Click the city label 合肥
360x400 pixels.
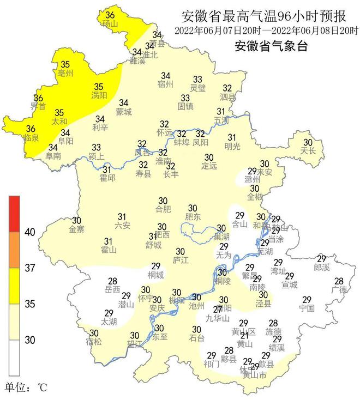coord(163,209)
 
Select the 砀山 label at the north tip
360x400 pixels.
coord(110,24)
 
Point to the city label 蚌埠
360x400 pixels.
coord(182,142)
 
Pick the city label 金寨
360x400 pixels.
coord(77,229)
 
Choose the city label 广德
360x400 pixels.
coord(339,289)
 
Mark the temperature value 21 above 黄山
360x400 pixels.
coord(244,336)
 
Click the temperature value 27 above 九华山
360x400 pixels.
coord(218,310)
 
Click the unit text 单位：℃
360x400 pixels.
coord(27,388)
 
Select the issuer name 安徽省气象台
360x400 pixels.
coord(271,46)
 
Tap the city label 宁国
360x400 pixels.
coord(307,308)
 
